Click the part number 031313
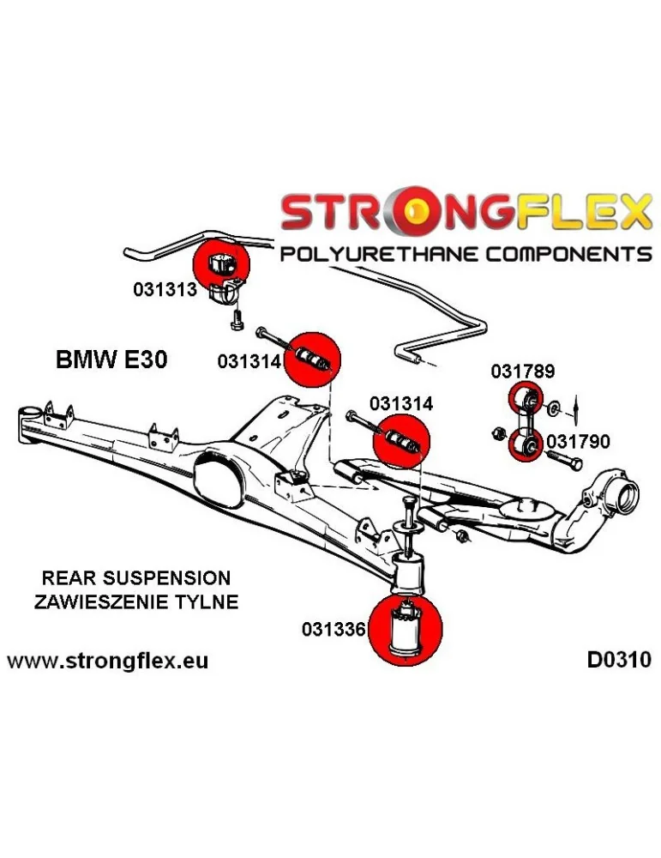pos(165,290)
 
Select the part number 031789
pos(523,372)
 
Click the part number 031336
pos(334,629)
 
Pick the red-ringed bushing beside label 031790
pos(525,444)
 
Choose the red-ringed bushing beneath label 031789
pos(525,399)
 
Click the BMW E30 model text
pos(111,359)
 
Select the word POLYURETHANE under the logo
pos(380,255)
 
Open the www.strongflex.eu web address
pos(107,661)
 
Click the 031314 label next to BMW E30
pos(249,362)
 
